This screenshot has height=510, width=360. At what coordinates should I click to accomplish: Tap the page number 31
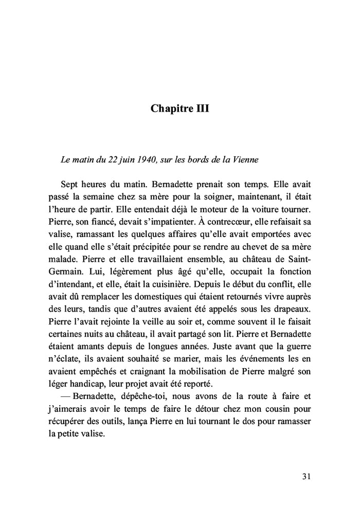point(305,477)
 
